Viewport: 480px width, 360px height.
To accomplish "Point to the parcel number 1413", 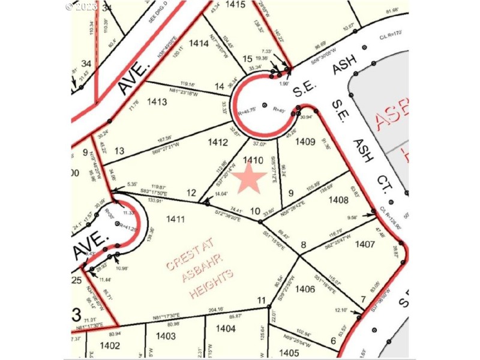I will click(x=157, y=102).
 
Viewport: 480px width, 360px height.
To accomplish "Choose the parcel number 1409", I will click(x=305, y=142).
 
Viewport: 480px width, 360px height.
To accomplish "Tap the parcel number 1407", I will click(x=365, y=244).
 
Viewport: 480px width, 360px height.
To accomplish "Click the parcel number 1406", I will click(x=305, y=289).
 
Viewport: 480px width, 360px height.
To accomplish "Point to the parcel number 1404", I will click(x=226, y=328).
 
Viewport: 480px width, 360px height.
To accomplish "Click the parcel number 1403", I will click(x=166, y=337).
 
